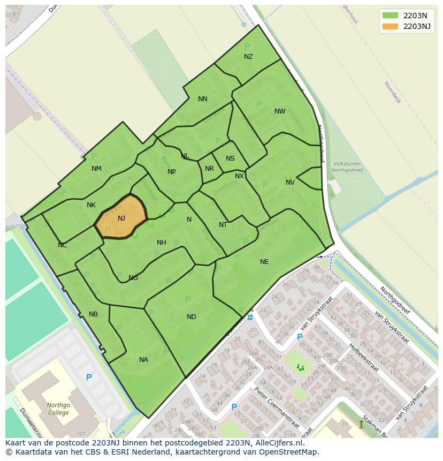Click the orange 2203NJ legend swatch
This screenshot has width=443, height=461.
[391, 26]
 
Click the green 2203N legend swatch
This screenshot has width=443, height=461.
[391, 15]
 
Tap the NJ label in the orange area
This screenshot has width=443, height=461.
[121, 218]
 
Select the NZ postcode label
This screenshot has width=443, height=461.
[248, 57]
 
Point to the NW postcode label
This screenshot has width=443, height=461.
[280, 111]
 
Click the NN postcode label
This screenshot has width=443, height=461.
[202, 99]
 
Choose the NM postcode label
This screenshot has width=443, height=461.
[96, 169]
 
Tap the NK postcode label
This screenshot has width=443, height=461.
[91, 205]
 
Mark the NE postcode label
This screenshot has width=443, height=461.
[264, 262]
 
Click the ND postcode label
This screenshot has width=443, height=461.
[191, 317]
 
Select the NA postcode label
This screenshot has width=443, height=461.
[143, 360]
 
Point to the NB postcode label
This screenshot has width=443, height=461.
[94, 314]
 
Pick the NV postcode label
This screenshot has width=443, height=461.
[290, 183]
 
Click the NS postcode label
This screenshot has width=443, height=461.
[230, 158]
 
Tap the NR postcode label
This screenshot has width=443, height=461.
[209, 169]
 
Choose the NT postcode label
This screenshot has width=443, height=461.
[223, 225]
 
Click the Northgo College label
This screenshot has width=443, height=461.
[58, 409]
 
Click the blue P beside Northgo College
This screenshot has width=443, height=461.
[89, 377]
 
